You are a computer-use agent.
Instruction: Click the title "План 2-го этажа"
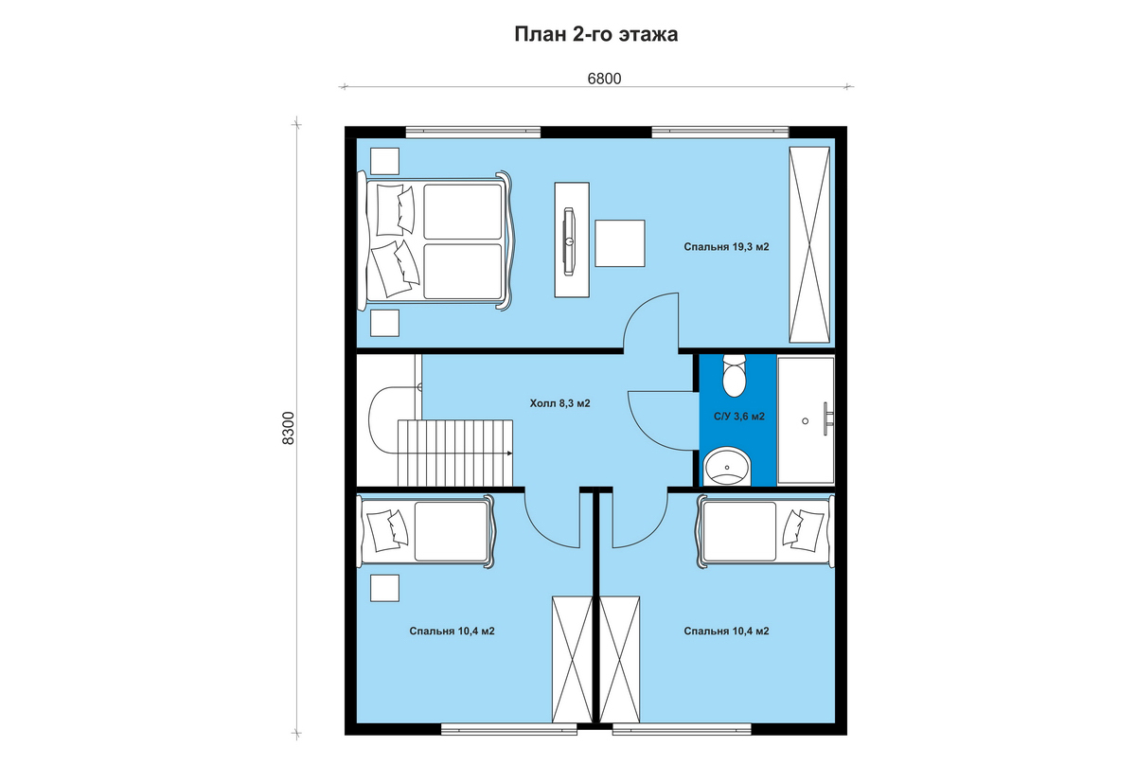pyautogui.click(x=595, y=34)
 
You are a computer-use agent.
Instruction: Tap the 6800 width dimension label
pyautogui.click(x=604, y=79)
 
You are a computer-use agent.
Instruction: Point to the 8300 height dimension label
pyautogui.click(x=288, y=428)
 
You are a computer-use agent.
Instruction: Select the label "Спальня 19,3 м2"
pyautogui.click(x=726, y=247)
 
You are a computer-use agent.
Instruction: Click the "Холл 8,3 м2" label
pyautogui.click(x=559, y=404)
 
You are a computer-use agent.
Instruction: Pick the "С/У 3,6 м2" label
pyautogui.click(x=739, y=417)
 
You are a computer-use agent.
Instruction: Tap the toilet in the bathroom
pyautogui.click(x=735, y=375)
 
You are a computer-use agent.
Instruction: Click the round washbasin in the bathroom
pyautogui.click(x=727, y=466)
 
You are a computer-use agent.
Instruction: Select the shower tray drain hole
pyautogui.click(x=805, y=421)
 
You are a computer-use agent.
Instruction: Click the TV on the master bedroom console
pyautogui.click(x=569, y=241)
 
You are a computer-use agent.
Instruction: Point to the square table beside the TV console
pyautogui.click(x=620, y=243)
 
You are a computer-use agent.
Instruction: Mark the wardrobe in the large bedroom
pyautogui.click(x=809, y=244)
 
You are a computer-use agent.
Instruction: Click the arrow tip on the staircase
pyautogui.click(x=510, y=453)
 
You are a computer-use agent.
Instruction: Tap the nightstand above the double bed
pyautogui.click(x=384, y=161)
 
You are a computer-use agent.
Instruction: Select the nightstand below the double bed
pyautogui.click(x=384, y=323)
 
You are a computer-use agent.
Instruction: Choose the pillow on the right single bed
pyautogui.click(x=803, y=530)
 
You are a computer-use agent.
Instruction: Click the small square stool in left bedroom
pyautogui.click(x=384, y=588)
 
